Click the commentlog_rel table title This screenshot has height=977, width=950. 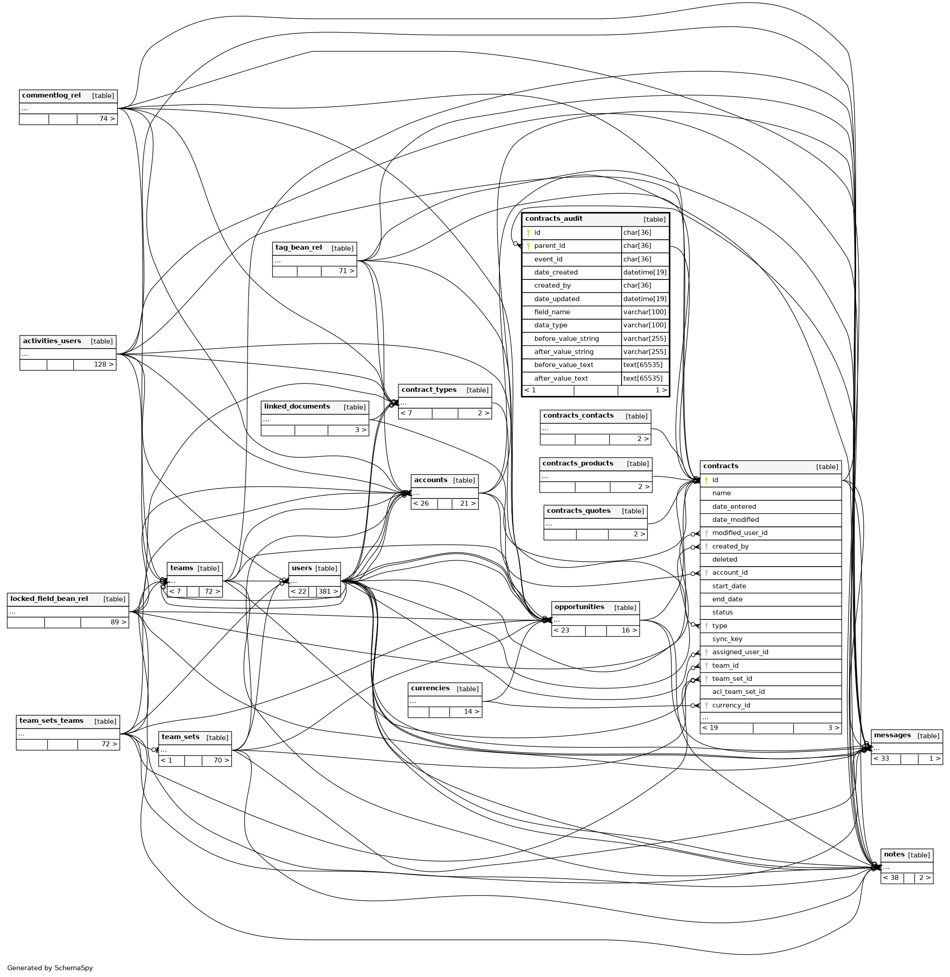pos(51,95)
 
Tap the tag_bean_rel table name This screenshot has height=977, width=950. pos(299,248)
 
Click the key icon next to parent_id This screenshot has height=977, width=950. pos(529,246)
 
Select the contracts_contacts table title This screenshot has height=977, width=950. pos(578,415)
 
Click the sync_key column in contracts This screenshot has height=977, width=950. pos(727,639)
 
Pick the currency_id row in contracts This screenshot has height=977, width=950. pos(731,705)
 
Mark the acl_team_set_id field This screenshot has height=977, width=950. pos(738,692)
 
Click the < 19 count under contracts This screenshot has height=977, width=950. pos(710,728)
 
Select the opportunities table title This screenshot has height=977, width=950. pos(579,607)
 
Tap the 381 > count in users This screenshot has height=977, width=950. pos(328,591)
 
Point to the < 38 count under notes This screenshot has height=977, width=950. pos(891,878)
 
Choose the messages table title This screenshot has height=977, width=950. pos(892,735)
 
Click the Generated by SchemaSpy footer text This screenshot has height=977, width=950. pos(50,968)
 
